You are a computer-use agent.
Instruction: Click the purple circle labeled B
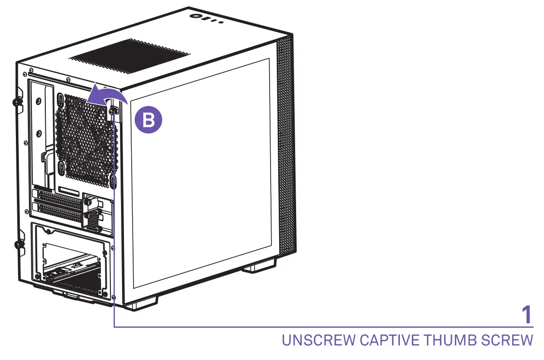[149, 120]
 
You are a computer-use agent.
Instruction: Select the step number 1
[527, 315]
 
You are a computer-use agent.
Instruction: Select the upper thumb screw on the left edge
[16, 102]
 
